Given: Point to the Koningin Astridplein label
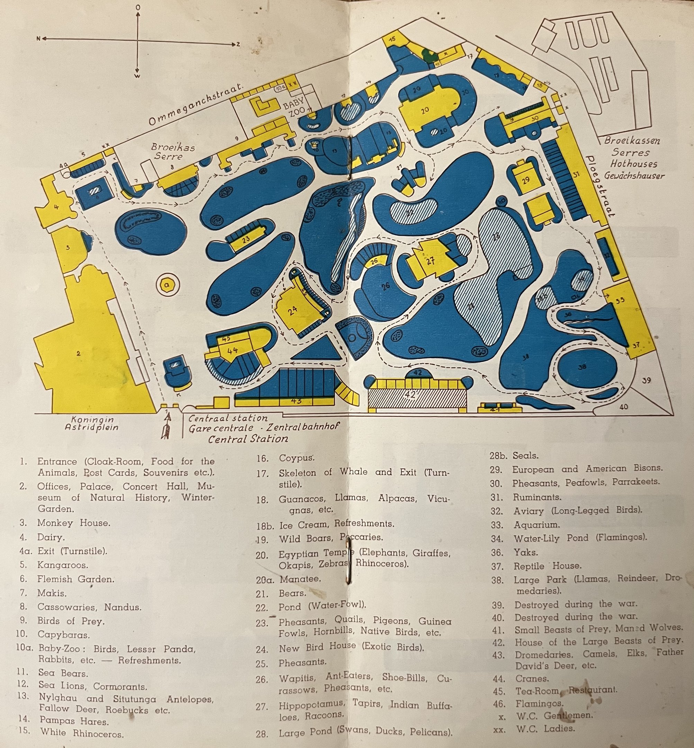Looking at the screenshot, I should point(92,424).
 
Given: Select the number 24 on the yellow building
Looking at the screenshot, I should point(292,310).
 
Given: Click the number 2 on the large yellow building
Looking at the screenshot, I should point(79,353).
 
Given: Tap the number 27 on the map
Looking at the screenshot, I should point(430,261).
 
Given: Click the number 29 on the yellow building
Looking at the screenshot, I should point(525,180).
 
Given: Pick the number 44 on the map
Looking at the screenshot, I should point(233,350).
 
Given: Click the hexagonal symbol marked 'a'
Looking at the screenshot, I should point(168,285).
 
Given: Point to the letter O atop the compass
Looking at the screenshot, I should point(138,8).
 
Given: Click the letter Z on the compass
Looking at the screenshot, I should point(238,44).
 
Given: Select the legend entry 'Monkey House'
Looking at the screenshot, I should point(74,523).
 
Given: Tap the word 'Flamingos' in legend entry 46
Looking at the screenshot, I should point(539,703).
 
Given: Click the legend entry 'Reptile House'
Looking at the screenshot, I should point(547,566).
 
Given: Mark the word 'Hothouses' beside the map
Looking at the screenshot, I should point(633,164).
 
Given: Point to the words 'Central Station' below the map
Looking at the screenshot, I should point(248,438).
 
